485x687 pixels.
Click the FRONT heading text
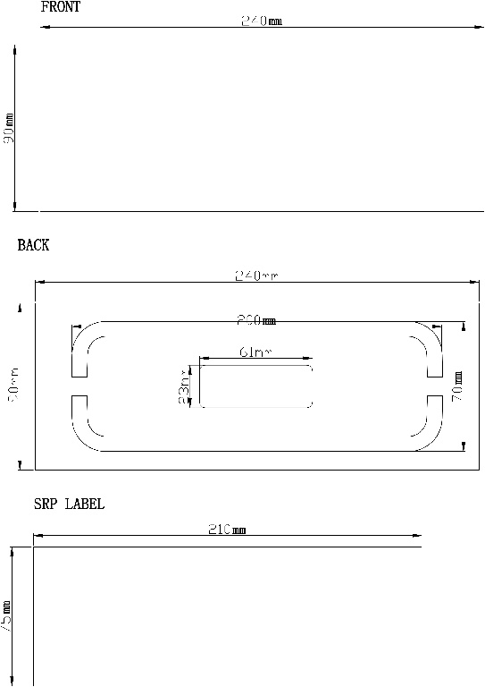click(61, 7)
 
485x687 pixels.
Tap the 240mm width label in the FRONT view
click(261, 21)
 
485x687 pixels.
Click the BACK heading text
click(33, 245)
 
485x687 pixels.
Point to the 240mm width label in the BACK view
click(256, 276)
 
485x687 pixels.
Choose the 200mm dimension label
click(255, 320)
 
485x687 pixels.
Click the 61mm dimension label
click(255, 352)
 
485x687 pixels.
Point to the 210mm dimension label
click(227, 530)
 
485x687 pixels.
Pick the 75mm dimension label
click(7, 617)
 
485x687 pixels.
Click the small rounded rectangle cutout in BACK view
click(256, 386)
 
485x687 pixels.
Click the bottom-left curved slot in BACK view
click(84, 427)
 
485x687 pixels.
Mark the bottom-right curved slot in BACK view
click(429, 427)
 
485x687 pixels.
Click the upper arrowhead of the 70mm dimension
click(463, 329)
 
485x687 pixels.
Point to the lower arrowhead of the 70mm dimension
click(463, 445)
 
